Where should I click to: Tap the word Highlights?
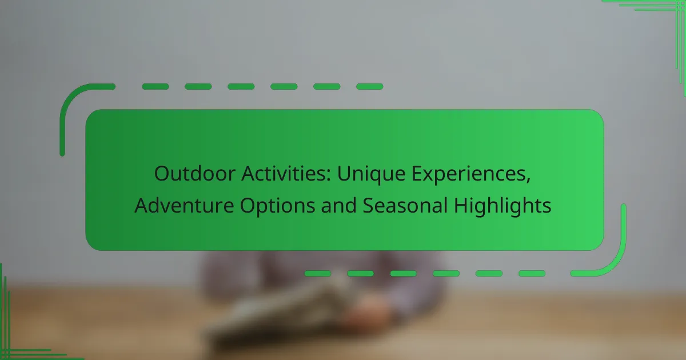pyautogui.click(x=503, y=207)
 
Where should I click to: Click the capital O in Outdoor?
pyautogui.click(x=162, y=174)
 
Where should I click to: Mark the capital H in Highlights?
pyautogui.click(x=461, y=206)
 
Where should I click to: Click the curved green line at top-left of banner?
pyautogui.click(x=71, y=103)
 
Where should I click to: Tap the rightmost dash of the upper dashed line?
pyautogui.click(x=369, y=87)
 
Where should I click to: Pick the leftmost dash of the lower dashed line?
pyautogui.click(x=317, y=274)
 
